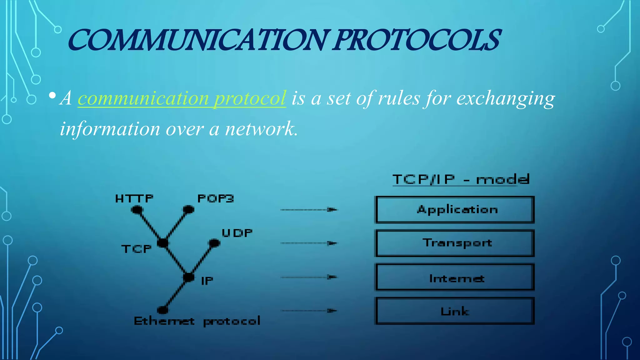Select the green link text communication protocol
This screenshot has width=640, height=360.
click(x=182, y=98)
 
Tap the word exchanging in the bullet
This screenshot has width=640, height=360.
click(x=505, y=98)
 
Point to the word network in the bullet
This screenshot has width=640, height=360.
click(x=260, y=128)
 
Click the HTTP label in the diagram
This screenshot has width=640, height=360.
click(x=134, y=198)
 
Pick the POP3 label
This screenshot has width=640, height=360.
click(x=216, y=198)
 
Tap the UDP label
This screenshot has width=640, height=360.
click(x=237, y=233)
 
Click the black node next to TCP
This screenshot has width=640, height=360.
click(x=163, y=243)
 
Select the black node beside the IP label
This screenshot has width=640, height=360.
click(x=189, y=277)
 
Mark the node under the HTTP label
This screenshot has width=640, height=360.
click(x=137, y=210)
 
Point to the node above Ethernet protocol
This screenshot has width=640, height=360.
click(x=162, y=310)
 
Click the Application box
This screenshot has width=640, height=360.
click(x=455, y=210)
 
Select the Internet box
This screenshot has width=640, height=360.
click(x=455, y=277)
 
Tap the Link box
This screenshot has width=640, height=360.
click(x=455, y=311)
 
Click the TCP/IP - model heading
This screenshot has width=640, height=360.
click(x=461, y=179)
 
